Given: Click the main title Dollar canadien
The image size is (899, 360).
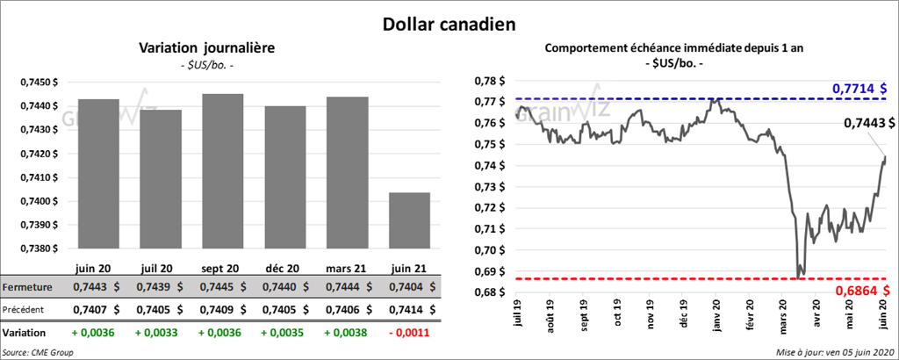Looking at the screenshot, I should (449, 24).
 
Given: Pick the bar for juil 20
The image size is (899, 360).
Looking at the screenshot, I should (161, 179).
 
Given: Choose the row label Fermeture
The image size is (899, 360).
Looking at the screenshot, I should (27, 287).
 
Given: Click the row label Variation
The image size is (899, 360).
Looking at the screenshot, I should (25, 333).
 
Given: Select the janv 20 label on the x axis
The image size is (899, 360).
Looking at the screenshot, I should (717, 315).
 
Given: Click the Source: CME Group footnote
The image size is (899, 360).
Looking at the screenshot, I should (38, 351).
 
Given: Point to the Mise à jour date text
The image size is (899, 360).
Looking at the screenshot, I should (834, 351).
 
